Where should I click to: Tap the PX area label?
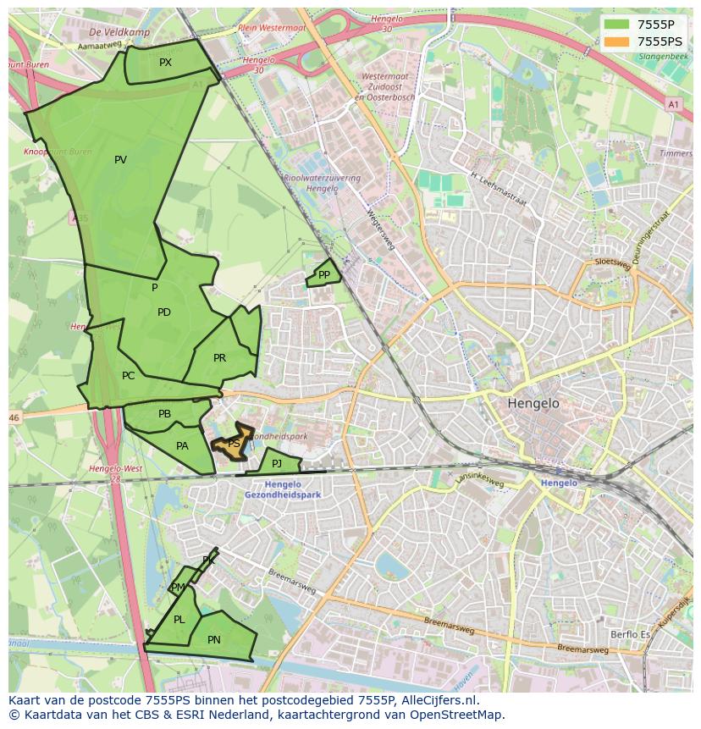tap(165, 63)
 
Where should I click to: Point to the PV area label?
tap(120, 160)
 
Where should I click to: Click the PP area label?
tap(324, 275)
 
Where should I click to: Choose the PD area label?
tap(164, 312)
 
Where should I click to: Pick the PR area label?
tap(220, 358)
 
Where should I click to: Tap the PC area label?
tap(129, 376)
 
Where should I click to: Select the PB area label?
tap(165, 414)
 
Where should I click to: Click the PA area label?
tap(182, 446)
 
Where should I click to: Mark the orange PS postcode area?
tap(232, 444)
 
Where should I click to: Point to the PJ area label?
tap(277, 463)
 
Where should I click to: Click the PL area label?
tap(179, 620)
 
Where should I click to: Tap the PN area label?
tap(214, 640)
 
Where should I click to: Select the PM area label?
tap(178, 588)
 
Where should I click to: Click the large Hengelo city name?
tap(533, 404)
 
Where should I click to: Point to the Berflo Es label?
tap(630, 634)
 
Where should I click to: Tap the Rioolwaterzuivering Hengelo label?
tap(323, 184)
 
